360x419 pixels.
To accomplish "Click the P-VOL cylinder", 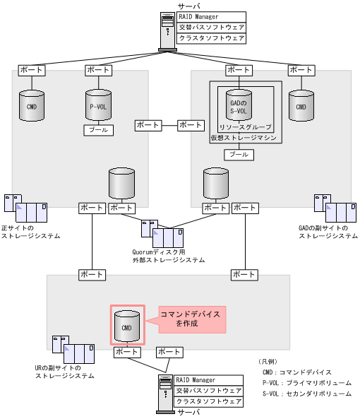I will point(97,106).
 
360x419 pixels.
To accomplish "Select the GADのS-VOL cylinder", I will point(238,106).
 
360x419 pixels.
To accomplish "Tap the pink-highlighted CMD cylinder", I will point(127,325).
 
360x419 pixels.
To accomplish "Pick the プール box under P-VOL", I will point(97,130).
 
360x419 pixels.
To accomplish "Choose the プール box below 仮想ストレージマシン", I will point(238,154).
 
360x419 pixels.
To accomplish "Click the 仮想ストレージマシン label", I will point(243,138).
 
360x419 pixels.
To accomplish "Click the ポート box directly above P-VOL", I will point(97,70).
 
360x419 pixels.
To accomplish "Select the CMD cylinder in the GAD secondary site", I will point(301,106).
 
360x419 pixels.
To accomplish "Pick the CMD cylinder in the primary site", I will point(32,106).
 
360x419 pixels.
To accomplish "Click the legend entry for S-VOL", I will point(306,394).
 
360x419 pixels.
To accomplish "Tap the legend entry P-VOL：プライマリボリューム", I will point(306,383).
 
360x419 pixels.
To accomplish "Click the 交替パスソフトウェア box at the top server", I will point(211,28).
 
